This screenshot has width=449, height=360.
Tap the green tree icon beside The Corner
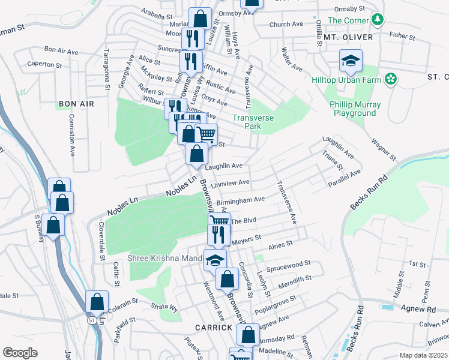coord(377,20)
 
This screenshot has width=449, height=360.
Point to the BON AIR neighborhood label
coord(76,104)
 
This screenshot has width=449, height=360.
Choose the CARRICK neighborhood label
coord(212,328)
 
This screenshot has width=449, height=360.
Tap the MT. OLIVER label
coord(348,37)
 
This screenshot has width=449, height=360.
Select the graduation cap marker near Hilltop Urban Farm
coord(351,61)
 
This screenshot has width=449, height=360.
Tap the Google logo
coord(20,353)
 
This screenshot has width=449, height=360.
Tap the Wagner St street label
coord(384,148)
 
